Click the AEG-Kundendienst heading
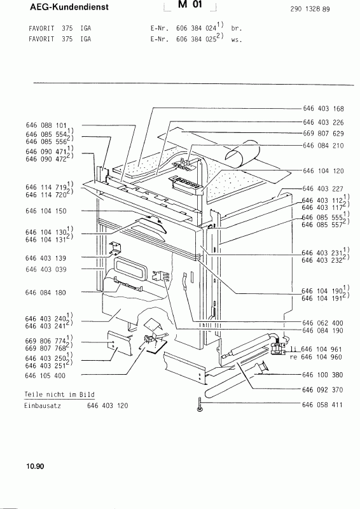[x=69, y=7]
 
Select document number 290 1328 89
[x=310, y=9]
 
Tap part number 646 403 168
[x=323, y=109]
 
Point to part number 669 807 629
[x=323, y=134]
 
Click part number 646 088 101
[x=46, y=125]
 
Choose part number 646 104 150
[x=46, y=211]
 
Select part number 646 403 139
[x=46, y=258]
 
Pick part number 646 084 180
[x=46, y=293]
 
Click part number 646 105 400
[x=45, y=376]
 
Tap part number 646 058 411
[x=322, y=405]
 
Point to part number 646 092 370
[x=322, y=390]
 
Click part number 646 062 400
[x=322, y=323]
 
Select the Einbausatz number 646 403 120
[x=107, y=406]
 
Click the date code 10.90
[x=35, y=466]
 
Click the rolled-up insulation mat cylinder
[x=243, y=153]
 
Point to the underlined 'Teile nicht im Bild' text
[x=59, y=394]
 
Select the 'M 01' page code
[x=190, y=4]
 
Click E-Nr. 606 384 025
[x=187, y=39]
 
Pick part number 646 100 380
[x=322, y=375]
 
